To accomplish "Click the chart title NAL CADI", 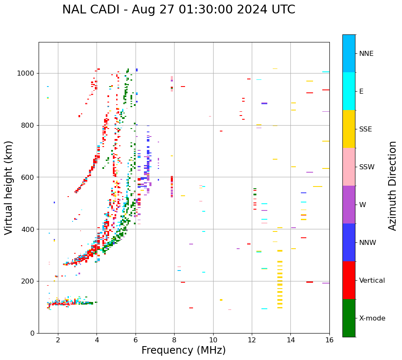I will (x=178, y=10).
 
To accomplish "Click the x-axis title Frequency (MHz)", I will (x=183, y=350).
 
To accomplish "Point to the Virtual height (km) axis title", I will (x=9, y=187).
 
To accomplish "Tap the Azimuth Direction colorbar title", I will (x=392, y=185).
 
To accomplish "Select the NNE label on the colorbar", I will (x=366, y=54).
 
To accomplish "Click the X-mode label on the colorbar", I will (x=372, y=318).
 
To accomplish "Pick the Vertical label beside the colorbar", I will (x=372, y=281).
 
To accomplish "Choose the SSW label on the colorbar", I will (x=367, y=167).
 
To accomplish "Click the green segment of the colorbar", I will (x=349, y=318).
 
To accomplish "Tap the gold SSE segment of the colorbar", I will (x=349, y=129).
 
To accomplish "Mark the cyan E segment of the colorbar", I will (x=349, y=91).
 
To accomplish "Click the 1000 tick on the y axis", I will (x=28, y=74).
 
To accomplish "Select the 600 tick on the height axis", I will (x=29, y=177).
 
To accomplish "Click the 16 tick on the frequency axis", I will (x=329, y=340).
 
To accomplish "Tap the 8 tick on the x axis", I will (x=174, y=340).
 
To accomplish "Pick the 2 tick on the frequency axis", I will (x=58, y=340).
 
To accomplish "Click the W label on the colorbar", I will (x=363, y=205).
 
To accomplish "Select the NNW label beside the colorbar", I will (x=368, y=243).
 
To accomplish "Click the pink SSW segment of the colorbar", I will (x=349, y=167).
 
